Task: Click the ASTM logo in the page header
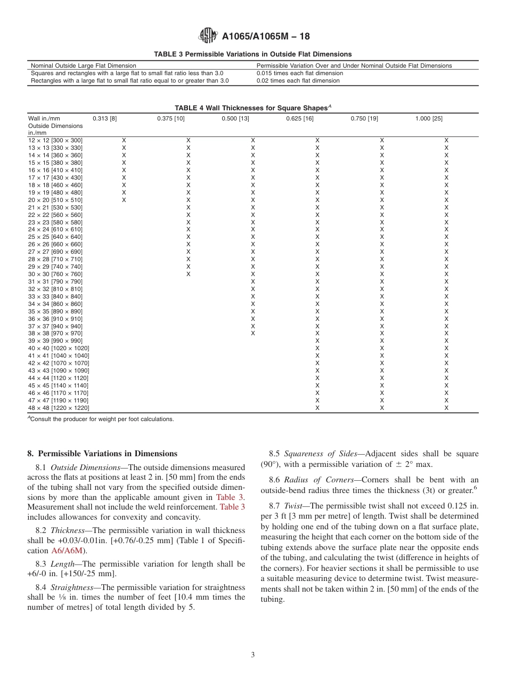208,36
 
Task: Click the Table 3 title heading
252,54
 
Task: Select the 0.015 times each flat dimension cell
300,73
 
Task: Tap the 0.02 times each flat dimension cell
298,80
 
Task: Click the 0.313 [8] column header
105,118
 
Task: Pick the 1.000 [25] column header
429,118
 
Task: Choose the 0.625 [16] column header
300,118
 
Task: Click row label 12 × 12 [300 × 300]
55,140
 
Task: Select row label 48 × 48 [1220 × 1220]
59,408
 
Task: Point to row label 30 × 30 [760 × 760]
55,274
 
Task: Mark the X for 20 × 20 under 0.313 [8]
124,200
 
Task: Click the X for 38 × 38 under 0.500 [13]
253,333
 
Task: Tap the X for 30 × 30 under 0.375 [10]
188,274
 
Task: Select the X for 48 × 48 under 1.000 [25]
446,408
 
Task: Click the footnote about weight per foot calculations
101,419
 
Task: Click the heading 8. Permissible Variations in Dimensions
102,454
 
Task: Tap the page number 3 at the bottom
253,655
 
